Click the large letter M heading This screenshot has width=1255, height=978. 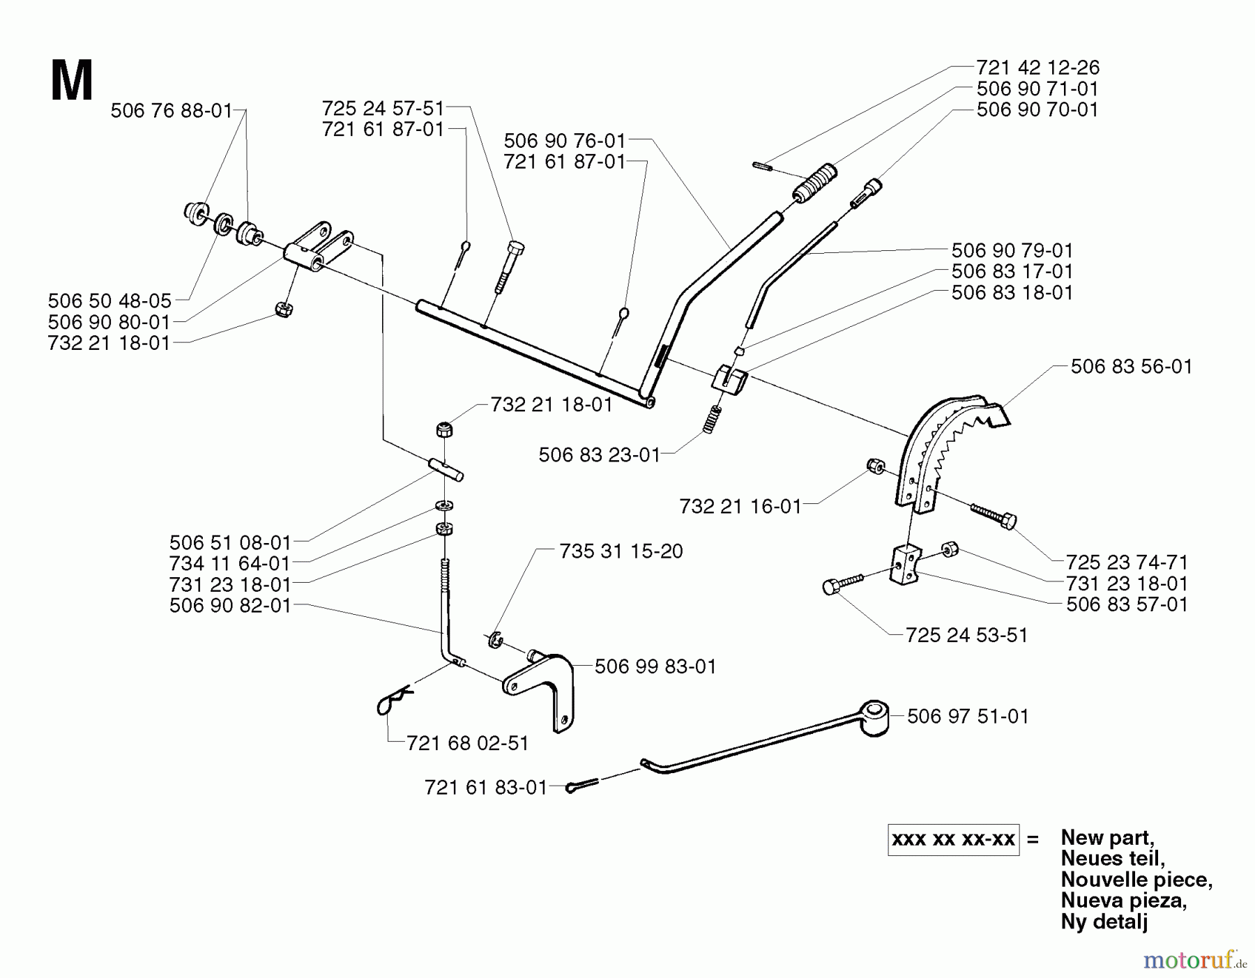[x=72, y=82]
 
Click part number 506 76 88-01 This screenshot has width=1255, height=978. [x=171, y=110]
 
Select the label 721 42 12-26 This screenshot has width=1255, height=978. [x=1037, y=68]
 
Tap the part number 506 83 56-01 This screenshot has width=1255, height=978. [x=1131, y=366]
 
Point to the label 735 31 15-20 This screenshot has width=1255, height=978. [x=621, y=551]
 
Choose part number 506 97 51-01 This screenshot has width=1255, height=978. [x=968, y=716]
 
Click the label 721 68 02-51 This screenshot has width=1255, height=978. [x=467, y=743]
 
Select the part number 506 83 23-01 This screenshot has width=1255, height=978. [x=599, y=455]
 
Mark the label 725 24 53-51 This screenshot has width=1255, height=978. [x=966, y=635]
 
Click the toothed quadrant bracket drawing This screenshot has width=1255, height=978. [x=948, y=446]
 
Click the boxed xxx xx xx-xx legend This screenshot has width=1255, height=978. [x=953, y=839]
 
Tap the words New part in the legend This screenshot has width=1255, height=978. [x=1107, y=837]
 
